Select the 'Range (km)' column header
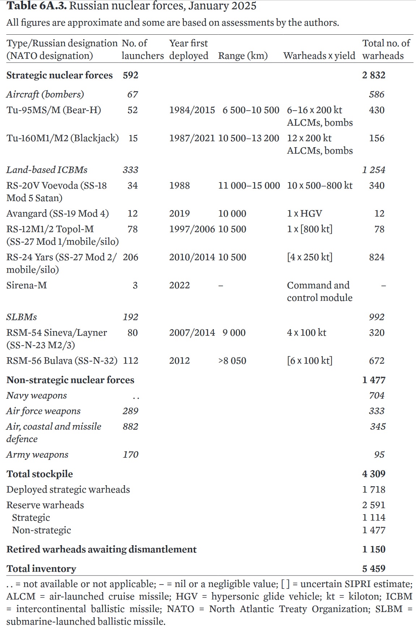coord(243,56)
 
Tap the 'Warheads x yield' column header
coord(319,56)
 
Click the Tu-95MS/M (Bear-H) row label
coord(53,110)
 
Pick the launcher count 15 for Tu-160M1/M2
coord(133,138)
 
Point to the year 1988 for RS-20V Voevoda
coord(179,185)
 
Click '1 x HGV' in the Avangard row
coord(304,214)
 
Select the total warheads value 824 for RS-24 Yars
coord(377,257)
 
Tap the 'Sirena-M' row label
coord(27,285)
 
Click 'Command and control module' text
coord(319,291)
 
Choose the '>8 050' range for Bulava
coord(232,361)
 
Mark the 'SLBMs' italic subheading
coord(22,317)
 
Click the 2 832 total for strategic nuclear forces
coord(374,75)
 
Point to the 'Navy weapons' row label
coord(37,395)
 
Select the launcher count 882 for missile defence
coord(130,427)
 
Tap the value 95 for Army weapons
coord(379,455)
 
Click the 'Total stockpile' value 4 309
coord(374,474)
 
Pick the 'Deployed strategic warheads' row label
coord(68,489)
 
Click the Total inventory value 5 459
coord(374,569)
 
